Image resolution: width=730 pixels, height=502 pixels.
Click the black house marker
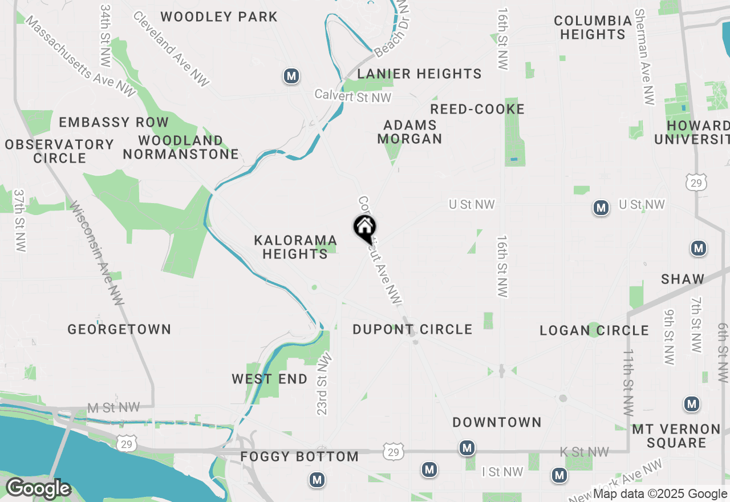(x=365, y=228)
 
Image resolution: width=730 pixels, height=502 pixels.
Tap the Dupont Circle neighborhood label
(x=412, y=329)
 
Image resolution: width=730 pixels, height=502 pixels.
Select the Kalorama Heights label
(x=295, y=247)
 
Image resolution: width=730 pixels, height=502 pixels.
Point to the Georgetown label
(x=119, y=329)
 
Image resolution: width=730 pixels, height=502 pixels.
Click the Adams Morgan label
(x=410, y=132)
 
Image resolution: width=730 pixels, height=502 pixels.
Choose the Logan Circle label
(x=594, y=330)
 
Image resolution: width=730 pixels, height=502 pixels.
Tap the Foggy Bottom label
(x=299, y=456)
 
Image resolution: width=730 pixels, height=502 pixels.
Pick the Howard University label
(x=692, y=132)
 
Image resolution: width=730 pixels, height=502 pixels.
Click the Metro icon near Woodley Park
(x=292, y=76)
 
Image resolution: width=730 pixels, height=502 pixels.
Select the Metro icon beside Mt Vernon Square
(x=692, y=404)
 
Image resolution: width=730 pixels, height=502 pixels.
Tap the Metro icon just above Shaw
(x=699, y=249)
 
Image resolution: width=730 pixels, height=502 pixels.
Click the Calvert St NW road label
(x=354, y=97)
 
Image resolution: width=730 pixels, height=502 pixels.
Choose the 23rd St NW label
(x=323, y=384)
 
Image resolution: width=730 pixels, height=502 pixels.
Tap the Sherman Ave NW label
(x=645, y=57)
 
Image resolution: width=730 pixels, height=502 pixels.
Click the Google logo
(x=38, y=488)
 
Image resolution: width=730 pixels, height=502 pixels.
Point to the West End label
(x=269, y=379)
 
